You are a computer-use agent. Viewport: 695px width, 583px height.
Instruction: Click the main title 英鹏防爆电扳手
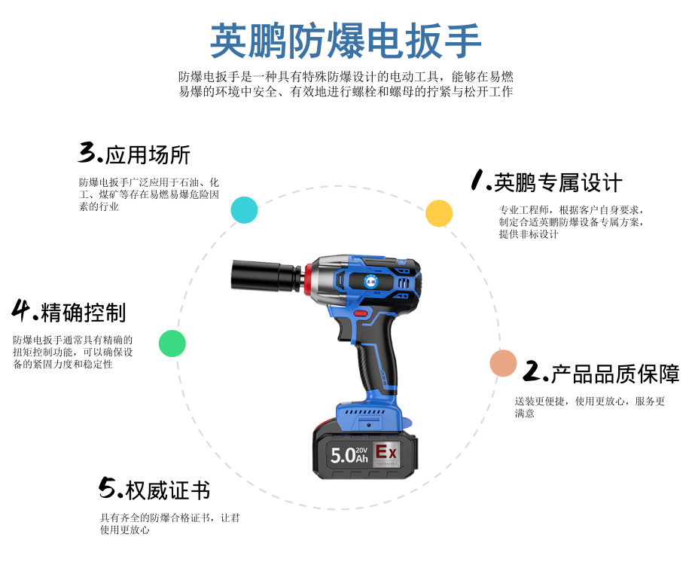[x=346, y=41]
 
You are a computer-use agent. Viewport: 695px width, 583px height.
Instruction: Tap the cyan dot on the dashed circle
[x=244, y=209]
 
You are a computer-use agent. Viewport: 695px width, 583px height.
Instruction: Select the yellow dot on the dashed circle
[x=439, y=213]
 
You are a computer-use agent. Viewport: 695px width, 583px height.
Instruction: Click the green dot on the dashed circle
[x=172, y=343]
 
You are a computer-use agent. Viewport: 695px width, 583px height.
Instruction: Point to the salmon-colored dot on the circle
[x=503, y=363]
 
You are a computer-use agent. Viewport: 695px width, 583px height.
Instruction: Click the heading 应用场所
[x=148, y=155]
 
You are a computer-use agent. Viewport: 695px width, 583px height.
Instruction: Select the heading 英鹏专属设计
[x=558, y=183]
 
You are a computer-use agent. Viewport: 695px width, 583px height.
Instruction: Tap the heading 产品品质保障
[x=615, y=374]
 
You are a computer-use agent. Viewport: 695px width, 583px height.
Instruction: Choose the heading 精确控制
[x=84, y=313]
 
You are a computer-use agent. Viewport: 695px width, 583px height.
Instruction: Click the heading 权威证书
[x=168, y=490]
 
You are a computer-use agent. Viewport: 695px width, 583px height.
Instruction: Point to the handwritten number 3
[x=87, y=152]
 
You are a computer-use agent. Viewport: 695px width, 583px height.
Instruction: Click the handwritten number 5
[x=107, y=487]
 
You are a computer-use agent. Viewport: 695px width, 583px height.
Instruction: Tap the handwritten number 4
[x=21, y=310]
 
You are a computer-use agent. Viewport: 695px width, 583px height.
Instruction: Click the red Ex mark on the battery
[x=386, y=452]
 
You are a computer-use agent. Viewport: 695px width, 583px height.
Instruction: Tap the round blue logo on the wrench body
[x=370, y=281]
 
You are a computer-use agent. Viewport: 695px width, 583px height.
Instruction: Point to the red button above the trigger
[x=361, y=313]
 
